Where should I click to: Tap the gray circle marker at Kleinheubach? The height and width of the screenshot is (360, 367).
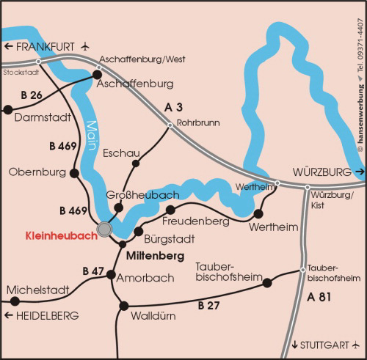coord(105,230)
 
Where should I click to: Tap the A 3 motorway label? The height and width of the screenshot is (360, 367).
coord(173,107)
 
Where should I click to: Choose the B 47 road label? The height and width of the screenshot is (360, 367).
coord(93,271)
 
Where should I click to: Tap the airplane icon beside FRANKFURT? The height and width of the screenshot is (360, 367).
coord(86,46)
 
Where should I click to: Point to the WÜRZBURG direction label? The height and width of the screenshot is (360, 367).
coord(322,172)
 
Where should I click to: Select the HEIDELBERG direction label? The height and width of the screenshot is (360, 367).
coord(42,315)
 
